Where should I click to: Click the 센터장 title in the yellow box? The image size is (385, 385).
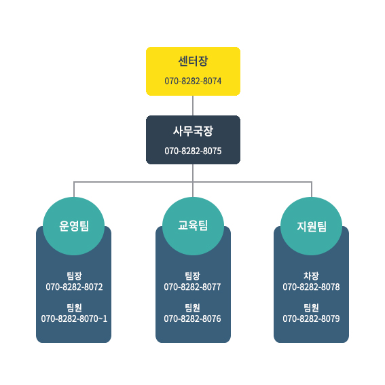[x=193, y=61]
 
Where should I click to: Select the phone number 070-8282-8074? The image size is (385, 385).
[x=193, y=81]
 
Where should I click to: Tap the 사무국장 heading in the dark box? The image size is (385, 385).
[x=193, y=131]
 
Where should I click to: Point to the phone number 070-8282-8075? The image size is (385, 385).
[x=193, y=151]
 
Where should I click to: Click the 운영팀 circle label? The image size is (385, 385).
[x=74, y=226]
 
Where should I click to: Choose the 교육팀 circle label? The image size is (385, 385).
[x=193, y=225]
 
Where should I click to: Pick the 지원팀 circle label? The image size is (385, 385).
[x=312, y=226]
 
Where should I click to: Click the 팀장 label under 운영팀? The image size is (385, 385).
[x=74, y=276]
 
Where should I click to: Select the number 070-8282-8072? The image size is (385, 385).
[x=74, y=287]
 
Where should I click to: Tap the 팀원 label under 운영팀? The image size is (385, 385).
[x=74, y=308]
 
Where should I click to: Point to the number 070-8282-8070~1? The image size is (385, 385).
[x=74, y=318]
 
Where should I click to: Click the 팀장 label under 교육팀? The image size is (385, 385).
[x=193, y=276]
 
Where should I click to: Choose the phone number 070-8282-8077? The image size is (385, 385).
[x=193, y=287]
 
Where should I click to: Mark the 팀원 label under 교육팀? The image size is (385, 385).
[x=193, y=308]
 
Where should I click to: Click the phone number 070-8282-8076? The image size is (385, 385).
[x=193, y=318]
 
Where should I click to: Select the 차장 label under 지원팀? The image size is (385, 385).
[x=311, y=276]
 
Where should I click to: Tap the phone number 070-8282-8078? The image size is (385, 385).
[x=311, y=287]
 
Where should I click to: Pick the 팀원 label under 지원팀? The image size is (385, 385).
[x=311, y=308]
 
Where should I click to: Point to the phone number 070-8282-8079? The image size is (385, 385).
[x=311, y=318]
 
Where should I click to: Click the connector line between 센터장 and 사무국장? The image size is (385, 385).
[x=193, y=105]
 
